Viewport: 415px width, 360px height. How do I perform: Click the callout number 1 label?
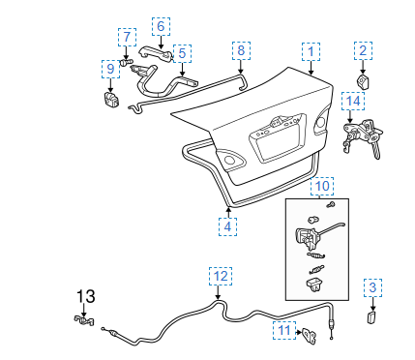pos(311,51)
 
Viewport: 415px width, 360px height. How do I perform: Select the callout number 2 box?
pos(363,50)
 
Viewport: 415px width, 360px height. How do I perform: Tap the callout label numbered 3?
pos(372,287)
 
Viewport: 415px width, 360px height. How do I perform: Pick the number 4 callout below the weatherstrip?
pos(227,226)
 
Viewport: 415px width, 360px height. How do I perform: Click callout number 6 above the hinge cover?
pos(161,27)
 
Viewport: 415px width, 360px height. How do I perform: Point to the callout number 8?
pos(241,50)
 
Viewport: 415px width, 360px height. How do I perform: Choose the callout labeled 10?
pos(322,186)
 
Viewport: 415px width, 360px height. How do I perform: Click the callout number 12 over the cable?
pos(221,276)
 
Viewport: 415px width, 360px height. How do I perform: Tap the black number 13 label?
pos(86,296)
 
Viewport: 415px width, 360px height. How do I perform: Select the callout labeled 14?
pos(353,101)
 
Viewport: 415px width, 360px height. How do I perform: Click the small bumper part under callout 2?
pos(363,82)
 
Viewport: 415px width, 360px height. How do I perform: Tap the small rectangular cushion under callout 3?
pos(371,317)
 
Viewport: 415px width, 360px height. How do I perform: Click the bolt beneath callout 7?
pos(126,62)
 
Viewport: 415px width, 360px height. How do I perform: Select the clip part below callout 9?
pos(110,99)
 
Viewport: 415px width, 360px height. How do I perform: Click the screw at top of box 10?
pos(331,204)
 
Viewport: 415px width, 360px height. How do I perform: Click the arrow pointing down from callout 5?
pos(182,70)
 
